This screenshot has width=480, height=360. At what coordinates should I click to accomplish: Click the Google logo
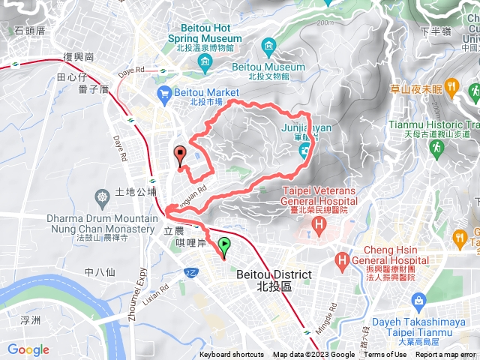pyautogui.click(x=28, y=349)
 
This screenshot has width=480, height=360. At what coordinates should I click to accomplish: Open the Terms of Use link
pyautogui.click(x=385, y=355)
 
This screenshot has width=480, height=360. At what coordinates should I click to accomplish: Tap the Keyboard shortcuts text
pyautogui.click(x=232, y=355)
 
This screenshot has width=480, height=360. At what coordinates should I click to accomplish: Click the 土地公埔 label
pyautogui.click(x=135, y=192)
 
